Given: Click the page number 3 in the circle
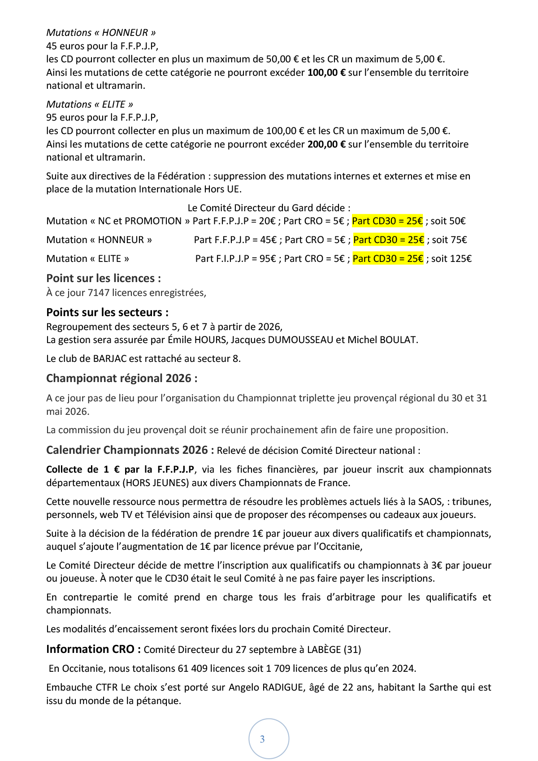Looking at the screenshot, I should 262,739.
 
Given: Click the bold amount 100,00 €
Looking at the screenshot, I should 326,73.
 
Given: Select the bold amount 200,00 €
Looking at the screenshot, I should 326,144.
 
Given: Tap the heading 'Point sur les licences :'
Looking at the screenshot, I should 104,278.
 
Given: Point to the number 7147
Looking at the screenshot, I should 99,293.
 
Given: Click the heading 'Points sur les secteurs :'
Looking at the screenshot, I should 108,313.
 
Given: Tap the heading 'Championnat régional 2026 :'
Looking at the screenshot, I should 121,378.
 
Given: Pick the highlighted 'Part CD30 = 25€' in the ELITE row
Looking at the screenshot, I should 388,259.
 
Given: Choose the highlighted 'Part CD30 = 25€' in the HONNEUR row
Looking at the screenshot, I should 388,240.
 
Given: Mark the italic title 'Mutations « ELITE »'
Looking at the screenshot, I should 90,104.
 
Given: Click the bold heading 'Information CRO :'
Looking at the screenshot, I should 93,649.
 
